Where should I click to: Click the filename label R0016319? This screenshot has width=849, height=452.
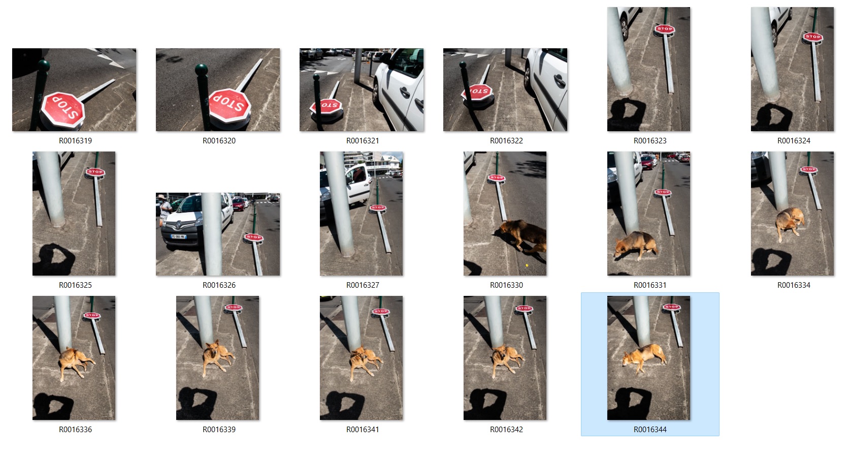click(75, 141)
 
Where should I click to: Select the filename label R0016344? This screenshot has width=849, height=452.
click(650, 430)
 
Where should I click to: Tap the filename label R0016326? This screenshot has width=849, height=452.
click(219, 285)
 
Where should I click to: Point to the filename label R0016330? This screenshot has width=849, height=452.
click(506, 285)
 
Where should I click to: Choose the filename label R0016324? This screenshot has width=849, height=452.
click(794, 141)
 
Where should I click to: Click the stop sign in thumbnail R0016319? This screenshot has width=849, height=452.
click(62, 110)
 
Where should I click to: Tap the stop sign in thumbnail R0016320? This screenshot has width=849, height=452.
click(230, 105)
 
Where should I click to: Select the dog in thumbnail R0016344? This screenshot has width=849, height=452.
click(644, 357)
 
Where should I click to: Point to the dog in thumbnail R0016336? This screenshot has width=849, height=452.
click(76, 363)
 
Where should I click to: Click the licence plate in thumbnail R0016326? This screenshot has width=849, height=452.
click(178, 236)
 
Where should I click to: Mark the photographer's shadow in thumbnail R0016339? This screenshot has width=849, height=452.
click(197, 403)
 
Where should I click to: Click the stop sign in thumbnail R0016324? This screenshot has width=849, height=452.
click(812, 37)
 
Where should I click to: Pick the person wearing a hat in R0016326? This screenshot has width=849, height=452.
click(165, 210)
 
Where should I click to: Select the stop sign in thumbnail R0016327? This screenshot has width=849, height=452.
click(378, 208)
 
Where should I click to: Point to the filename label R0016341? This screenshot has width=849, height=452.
click(363, 430)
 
